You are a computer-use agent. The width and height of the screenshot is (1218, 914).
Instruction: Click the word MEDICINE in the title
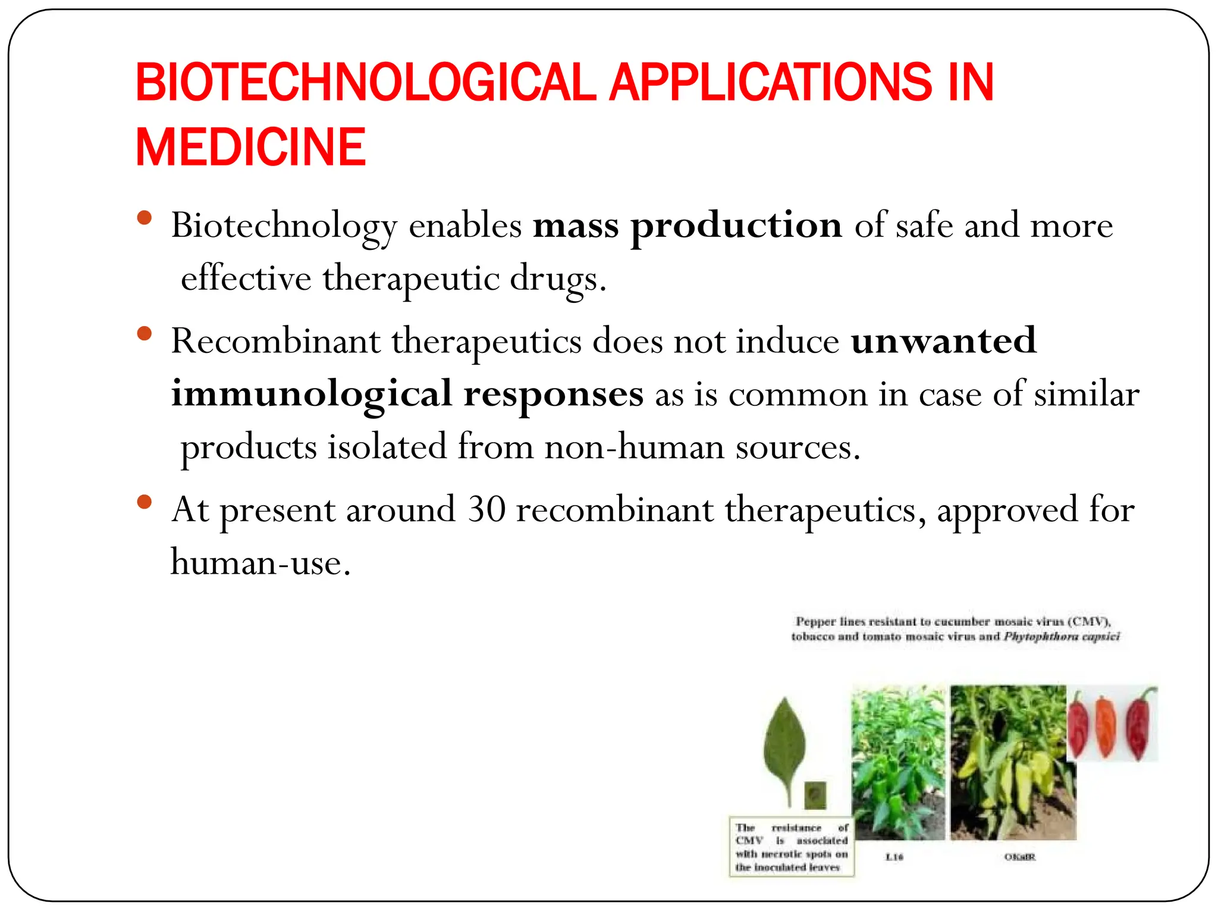[250, 147]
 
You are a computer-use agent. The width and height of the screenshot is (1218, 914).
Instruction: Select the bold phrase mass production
[687, 226]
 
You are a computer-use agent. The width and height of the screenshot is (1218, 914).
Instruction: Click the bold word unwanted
[944, 341]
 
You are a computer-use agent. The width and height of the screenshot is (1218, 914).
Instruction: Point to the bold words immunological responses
[407, 394]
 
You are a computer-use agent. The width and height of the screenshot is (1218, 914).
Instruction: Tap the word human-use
[260, 562]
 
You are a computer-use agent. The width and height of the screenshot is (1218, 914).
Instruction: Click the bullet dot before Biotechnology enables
[144, 218]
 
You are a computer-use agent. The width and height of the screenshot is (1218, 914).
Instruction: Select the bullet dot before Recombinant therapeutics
[144, 333]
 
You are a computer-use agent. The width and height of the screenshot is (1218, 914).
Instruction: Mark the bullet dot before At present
[144, 502]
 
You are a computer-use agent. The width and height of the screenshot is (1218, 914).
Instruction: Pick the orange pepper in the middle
[1105, 726]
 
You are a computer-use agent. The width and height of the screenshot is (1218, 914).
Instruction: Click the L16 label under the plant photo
[894, 857]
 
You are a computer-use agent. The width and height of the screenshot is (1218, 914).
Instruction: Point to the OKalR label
[1019, 857]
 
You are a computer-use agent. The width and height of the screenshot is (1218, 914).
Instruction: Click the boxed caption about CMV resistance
[792, 847]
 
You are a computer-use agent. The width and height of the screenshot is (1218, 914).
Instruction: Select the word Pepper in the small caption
[815, 622]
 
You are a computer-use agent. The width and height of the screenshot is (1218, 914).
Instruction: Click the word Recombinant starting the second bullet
[275, 341]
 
